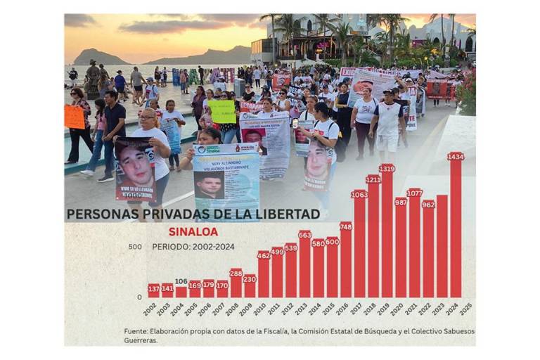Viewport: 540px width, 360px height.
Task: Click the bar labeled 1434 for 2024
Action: pos(456,229)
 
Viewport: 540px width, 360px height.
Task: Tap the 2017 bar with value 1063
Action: pos(359,246)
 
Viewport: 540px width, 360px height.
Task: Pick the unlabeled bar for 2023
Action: pos(442,246)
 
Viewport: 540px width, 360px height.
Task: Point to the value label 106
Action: pos(181,281)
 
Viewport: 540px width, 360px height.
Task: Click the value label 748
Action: pos(346,226)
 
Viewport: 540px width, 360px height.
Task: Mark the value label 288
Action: pos(236,273)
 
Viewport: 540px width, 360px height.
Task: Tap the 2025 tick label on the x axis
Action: pos(465,309)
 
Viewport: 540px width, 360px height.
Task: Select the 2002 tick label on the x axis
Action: pos(150,309)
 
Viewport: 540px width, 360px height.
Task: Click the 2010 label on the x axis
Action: pos(259,309)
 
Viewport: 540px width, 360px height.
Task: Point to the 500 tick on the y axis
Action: pos(135,247)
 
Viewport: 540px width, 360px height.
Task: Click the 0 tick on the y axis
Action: pos(139,297)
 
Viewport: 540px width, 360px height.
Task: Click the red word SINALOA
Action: pos(193,231)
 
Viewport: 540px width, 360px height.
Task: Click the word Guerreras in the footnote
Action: pos(141,340)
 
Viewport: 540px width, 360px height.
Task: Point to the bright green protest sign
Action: pos(222,111)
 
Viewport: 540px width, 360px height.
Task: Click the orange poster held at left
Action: pos(75,117)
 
